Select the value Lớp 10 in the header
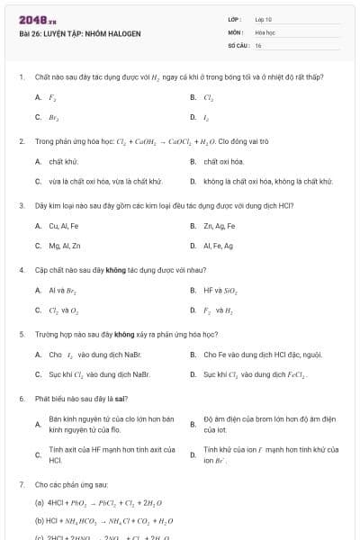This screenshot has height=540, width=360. click(263, 19)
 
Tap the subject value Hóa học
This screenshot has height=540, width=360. click(265, 31)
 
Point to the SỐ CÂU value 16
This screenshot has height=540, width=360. click(258, 44)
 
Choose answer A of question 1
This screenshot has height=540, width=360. click(52, 96)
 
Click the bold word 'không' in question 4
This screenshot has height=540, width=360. click(114, 270)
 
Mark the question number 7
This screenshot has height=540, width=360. click(21, 483)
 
